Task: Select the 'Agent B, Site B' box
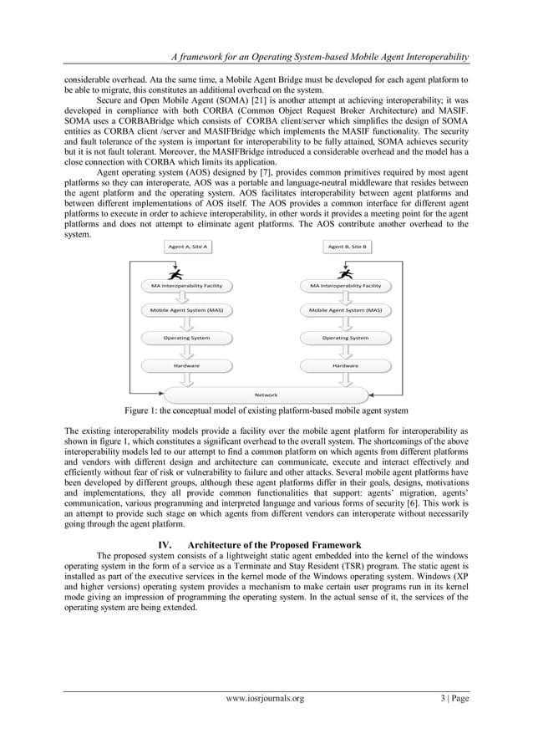click(x=347, y=247)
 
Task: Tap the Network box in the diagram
click(x=266, y=394)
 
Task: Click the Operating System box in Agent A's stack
click(x=186, y=338)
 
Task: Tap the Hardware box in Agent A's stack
click(x=186, y=365)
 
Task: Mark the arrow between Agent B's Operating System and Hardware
click(x=345, y=352)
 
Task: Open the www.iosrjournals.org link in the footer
click(x=266, y=698)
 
